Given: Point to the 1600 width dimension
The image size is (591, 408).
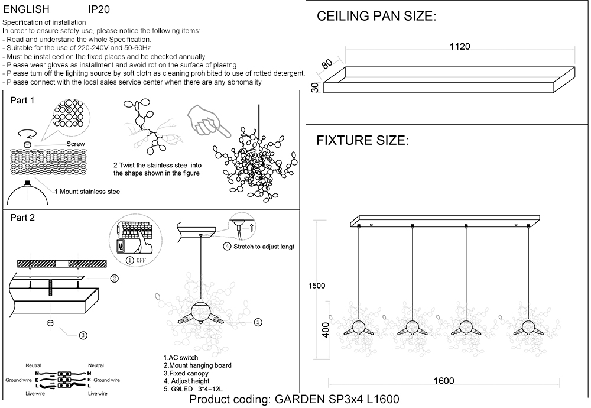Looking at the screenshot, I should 443,381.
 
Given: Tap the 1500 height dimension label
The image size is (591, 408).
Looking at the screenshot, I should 317,286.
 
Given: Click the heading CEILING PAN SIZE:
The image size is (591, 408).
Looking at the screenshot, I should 376,17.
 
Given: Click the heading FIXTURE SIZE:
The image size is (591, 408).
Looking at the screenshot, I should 362,141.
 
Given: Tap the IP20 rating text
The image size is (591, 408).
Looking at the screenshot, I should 98,10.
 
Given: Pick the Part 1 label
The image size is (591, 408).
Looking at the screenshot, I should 22,101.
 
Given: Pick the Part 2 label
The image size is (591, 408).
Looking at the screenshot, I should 22,218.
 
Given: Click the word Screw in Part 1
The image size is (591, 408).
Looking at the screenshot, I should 76,144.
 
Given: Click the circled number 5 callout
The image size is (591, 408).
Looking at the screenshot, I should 258,322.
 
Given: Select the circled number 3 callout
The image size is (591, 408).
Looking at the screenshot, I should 83,335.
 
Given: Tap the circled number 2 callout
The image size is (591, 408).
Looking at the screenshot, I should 114,279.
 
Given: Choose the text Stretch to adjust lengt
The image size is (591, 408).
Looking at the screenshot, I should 263,247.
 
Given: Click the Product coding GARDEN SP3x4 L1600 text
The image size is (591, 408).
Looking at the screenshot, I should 294,400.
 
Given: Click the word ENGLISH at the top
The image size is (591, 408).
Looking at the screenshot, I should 26,10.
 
